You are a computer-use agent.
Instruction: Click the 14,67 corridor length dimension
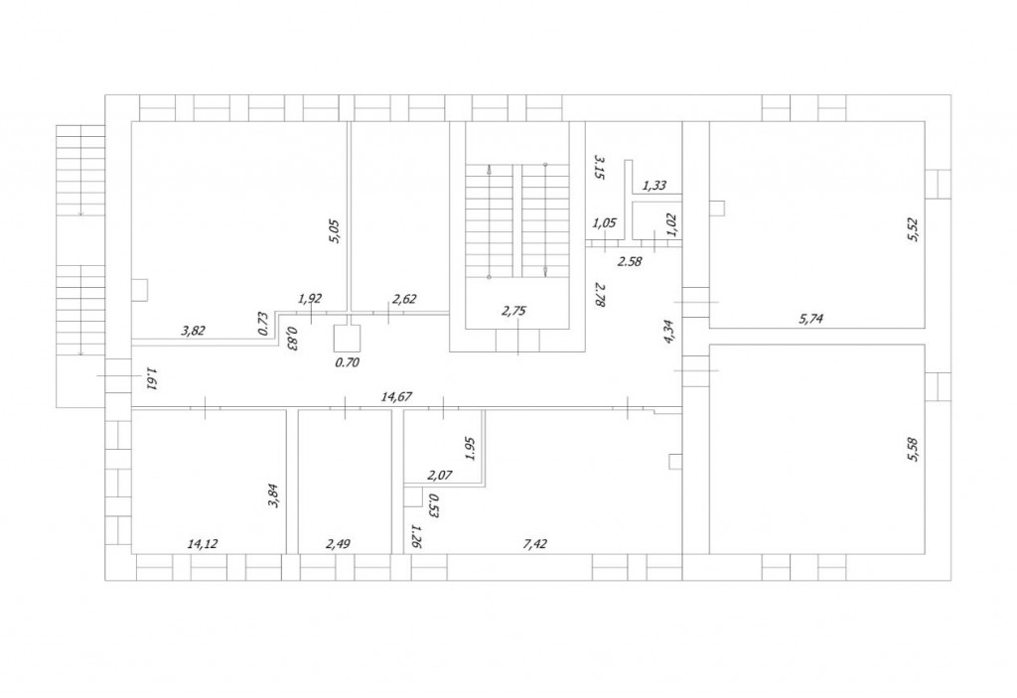click(x=397, y=396)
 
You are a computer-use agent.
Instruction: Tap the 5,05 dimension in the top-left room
click(x=334, y=231)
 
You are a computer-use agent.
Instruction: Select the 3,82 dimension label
click(x=194, y=331)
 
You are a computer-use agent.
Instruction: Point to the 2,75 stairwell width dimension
click(x=513, y=311)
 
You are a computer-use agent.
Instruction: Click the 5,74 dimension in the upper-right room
click(x=811, y=319)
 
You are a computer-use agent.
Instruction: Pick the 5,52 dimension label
click(x=914, y=229)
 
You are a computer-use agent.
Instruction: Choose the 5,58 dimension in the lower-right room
click(x=914, y=450)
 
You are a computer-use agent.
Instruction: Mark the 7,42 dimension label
click(x=534, y=544)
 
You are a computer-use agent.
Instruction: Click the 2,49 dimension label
click(x=338, y=544)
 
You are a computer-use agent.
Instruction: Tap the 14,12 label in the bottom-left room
click(x=203, y=544)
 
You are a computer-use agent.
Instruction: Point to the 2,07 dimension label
click(x=440, y=475)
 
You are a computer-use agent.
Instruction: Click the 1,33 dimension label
click(x=654, y=186)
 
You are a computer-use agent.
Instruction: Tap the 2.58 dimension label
click(x=629, y=262)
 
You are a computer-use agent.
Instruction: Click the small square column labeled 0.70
click(x=347, y=339)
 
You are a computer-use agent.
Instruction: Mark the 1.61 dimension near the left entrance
click(x=152, y=379)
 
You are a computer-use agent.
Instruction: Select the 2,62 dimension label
click(x=405, y=299)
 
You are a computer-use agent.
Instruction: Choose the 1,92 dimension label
click(x=310, y=299)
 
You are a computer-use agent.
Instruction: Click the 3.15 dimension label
click(x=599, y=167)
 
